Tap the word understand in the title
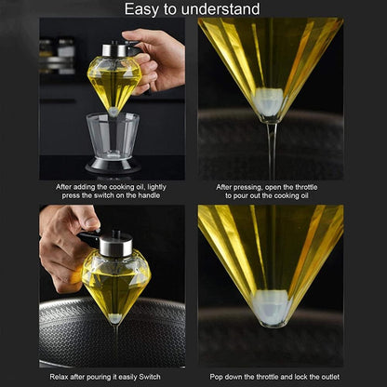tap(221, 9)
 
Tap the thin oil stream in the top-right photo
tap(272, 149)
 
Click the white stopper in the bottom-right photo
tap(272, 307)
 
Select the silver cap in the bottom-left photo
tap(114, 244)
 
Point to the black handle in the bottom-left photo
tap(91, 238)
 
